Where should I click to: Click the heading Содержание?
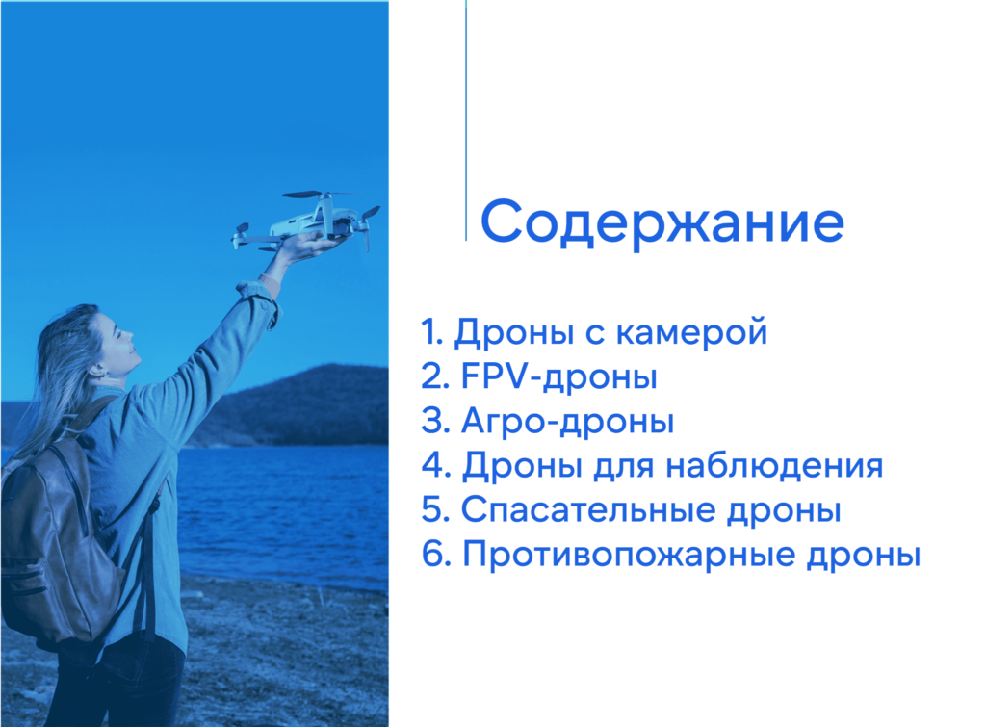pos(662,222)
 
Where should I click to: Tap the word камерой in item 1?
pos(691,332)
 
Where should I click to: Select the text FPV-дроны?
pos(559,376)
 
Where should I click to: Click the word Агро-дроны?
pos(568,421)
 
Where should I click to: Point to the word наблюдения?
pos(775,466)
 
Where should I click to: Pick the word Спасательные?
pos(588,509)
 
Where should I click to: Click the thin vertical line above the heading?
pos(466,119)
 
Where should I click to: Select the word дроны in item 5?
pos(784,511)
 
